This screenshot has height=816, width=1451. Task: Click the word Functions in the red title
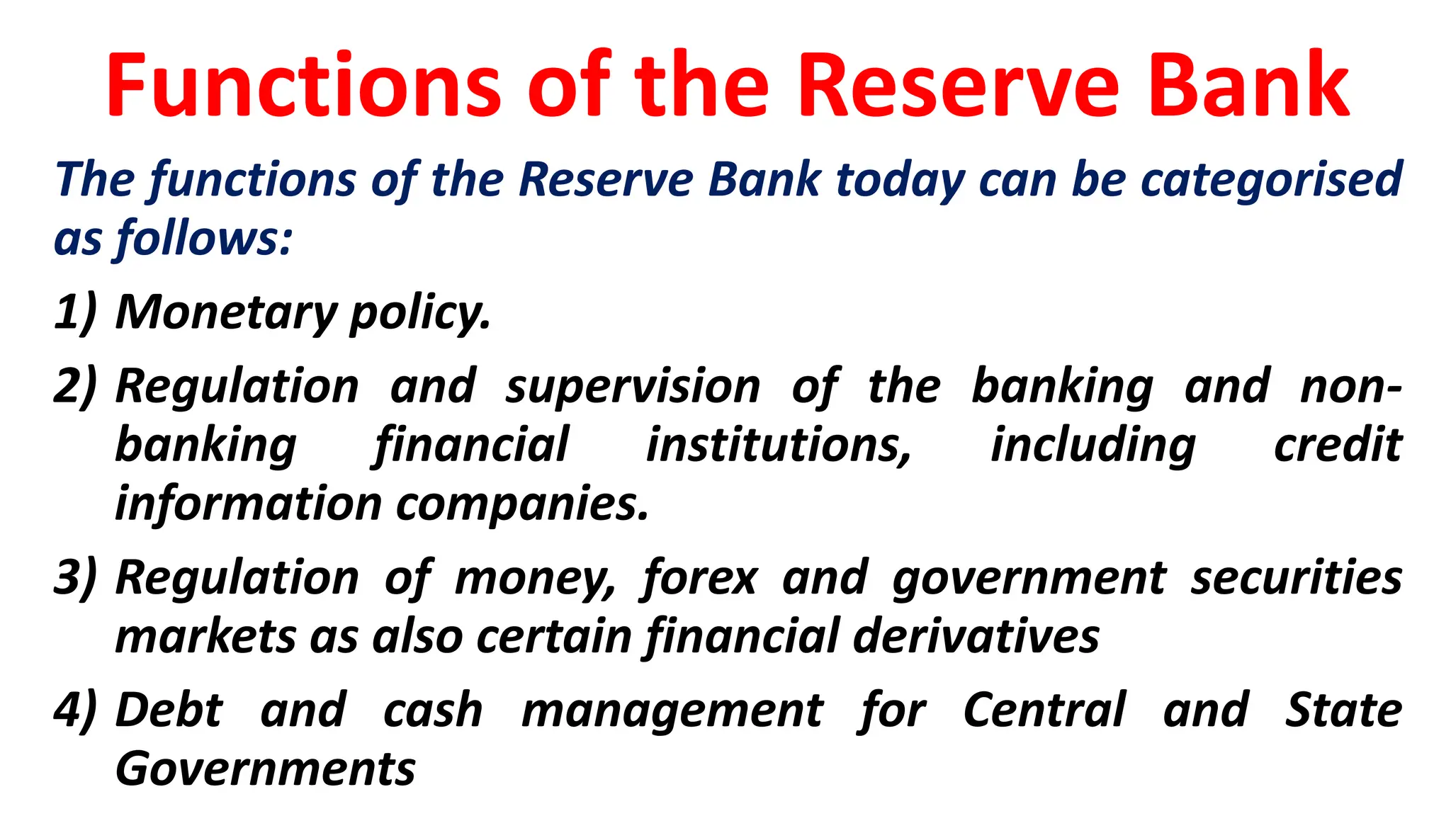pyautogui.click(x=303, y=86)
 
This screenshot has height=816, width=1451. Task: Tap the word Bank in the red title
pyautogui.click(x=1248, y=86)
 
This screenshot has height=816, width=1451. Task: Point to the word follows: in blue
pyautogui.click(x=204, y=239)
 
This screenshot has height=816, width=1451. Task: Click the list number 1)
pyautogui.click(x=75, y=312)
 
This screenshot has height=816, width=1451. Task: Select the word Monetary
pyautogui.click(x=227, y=312)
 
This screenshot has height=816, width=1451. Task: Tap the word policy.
pyautogui.click(x=420, y=314)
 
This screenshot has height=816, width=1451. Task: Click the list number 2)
pyautogui.click(x=75, y=387)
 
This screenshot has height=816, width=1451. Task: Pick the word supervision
pyautogui.click(x=633, y=388)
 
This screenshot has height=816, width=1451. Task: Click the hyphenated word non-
pyautogui.click(x=1350, y=387)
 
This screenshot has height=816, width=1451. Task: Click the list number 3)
pyautogui.click(x=75, y=578)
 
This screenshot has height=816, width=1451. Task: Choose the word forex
pyautogui.click(x=700, y=578)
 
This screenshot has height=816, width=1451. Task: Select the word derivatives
pyautogui.click(x=976, y=636)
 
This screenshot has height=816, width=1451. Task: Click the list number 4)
pyautogui.click(x=75, y=710)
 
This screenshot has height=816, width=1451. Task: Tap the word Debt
pyautogui.click(x=169, y=710)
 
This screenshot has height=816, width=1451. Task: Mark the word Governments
pyautogui.click(x=266, y=769)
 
